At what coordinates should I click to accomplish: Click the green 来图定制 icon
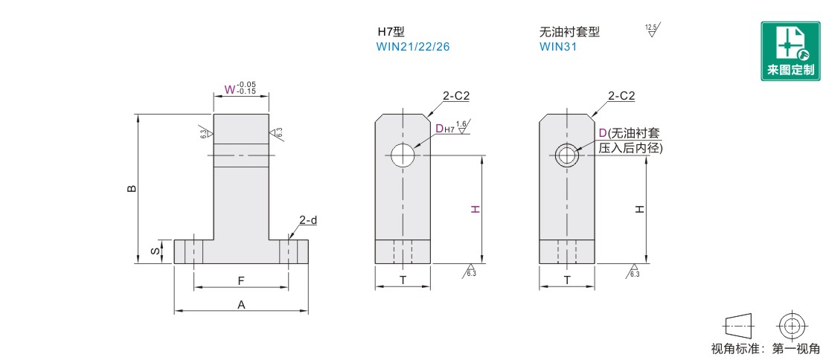pyautogui.click(x=790, y=51)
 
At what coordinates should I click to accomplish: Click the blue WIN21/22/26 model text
pyautogui.click(x=413, y=46)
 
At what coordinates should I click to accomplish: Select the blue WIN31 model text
pyautogui.click(x=558, y=46)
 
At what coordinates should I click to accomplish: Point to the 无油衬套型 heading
pyautogui.click(x=569, y=31)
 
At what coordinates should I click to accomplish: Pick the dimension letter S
pyautogui.click(x=156, y=251)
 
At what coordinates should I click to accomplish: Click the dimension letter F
pyautogui.click(x=241, y=281)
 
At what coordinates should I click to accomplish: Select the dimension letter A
pyautogui.click(x=241, y=304)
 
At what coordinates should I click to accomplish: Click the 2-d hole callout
pyautogui.click(x=308, y=220)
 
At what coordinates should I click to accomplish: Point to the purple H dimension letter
pyautogui.click(x=475, y=209)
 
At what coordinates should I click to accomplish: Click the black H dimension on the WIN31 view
pyautogui.click(x=639, y=209)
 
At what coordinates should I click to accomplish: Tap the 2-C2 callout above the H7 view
pyautogui.click(x=455, y=96)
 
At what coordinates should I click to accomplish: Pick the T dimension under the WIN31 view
pyautogui.click(x=567, y=280)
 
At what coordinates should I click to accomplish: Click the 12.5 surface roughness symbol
pyautogui.click(x=652, y=30)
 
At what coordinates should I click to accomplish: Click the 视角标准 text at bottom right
pyautogui.click(x=734, y=348)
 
